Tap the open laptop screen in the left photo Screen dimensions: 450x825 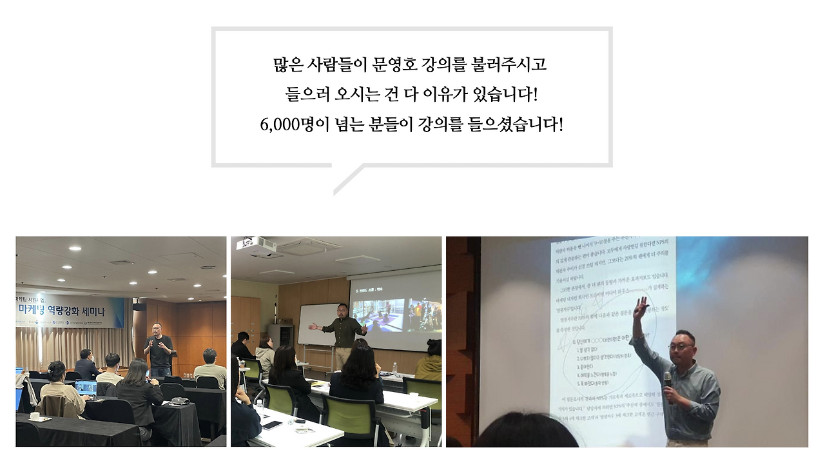point(85,387)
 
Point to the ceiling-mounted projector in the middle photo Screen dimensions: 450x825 point(257,245)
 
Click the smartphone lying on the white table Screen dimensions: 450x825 point(272,425)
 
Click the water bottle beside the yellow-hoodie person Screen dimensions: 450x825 point(395,368)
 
